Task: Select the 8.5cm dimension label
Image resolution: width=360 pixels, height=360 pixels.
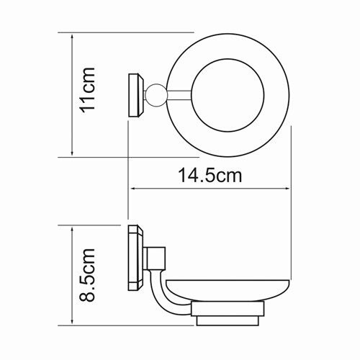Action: point(87,275)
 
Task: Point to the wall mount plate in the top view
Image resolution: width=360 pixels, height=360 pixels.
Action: point(135,94)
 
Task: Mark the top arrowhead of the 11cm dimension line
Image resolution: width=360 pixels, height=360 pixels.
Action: point(72,35)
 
